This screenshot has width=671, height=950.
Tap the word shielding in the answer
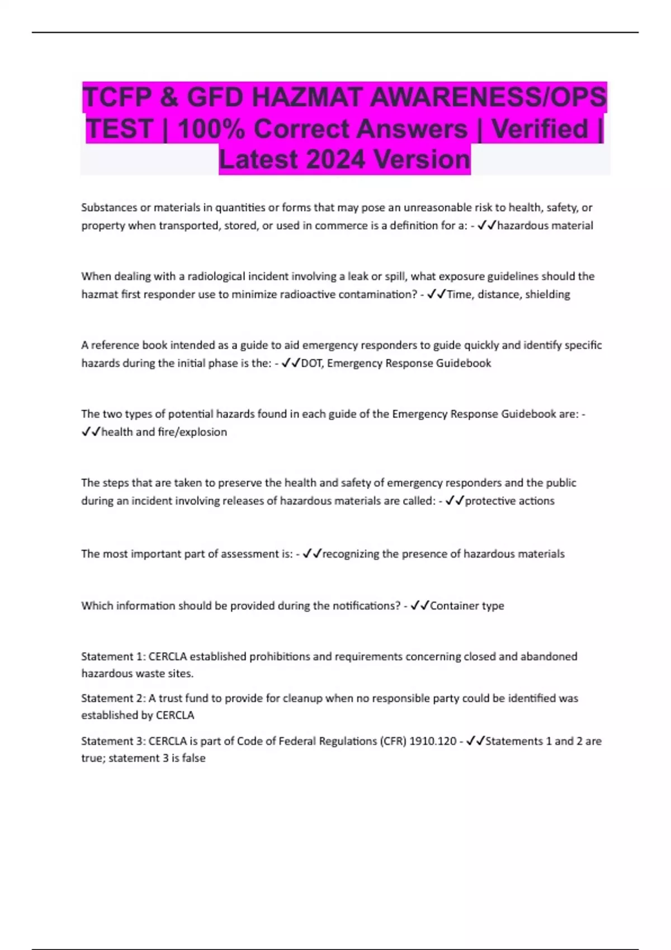(x=547, y=294)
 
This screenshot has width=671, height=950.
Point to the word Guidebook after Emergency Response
(x=464, y=363)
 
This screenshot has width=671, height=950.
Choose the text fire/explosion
(x=192, y=432)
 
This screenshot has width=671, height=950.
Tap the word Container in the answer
(x=452, y=606)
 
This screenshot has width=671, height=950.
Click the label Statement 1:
(x=113, y=657)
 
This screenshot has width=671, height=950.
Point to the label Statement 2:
(x=113, y=699)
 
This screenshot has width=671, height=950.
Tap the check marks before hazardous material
(x=486, y=226)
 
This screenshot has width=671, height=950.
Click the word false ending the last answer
(x=193, y=758)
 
